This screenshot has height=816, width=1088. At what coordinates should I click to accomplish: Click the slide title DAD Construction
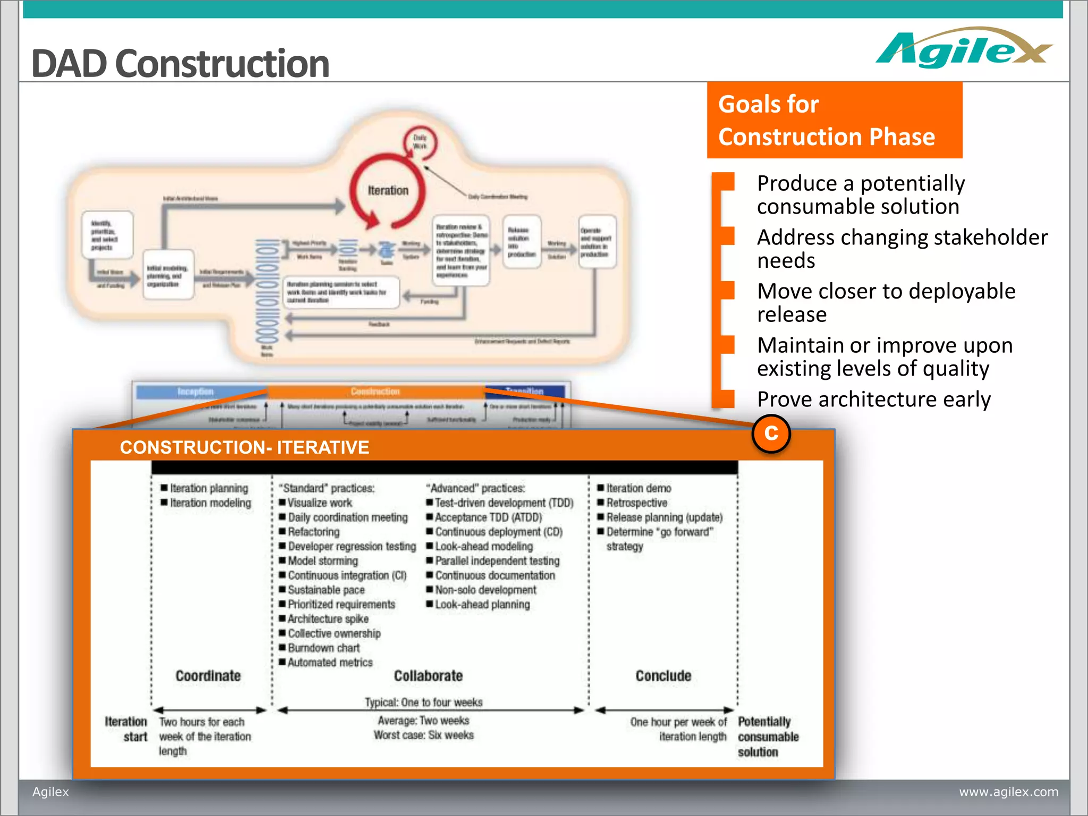coord(181,64)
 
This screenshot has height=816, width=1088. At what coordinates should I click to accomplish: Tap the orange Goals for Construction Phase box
coord(834,120)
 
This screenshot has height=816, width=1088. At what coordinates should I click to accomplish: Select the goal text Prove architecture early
coord(873,399)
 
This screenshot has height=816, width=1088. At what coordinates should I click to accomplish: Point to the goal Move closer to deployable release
coord(886,302)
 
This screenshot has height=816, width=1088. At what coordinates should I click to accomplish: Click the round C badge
coord(771,433)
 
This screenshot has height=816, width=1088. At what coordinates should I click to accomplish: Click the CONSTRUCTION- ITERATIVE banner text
coord(244,447)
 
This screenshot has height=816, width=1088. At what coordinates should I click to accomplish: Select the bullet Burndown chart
coord(324,648)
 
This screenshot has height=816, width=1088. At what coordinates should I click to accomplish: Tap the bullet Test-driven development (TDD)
coord(504,503)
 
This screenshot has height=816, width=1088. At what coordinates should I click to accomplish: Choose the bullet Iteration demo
coord(639,488)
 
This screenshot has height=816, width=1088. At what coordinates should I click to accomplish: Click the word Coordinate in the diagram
coord(208,676)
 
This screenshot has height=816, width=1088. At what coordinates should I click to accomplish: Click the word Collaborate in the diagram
coord(428,676)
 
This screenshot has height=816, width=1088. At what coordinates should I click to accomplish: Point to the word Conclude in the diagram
coord(663,676)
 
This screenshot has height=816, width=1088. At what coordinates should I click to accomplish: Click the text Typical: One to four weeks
coord(423,702)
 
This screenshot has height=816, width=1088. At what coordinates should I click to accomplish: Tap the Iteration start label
coord(126,729)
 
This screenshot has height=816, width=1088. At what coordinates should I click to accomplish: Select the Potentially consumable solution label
coord(767,736)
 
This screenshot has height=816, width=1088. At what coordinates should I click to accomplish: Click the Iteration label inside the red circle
coord(388,190)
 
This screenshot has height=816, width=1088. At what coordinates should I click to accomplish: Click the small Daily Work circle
coord(420,142)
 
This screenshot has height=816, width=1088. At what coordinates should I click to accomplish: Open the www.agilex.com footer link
coord(1008,792)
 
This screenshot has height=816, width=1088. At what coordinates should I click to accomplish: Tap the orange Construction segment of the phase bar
coord(375,392)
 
